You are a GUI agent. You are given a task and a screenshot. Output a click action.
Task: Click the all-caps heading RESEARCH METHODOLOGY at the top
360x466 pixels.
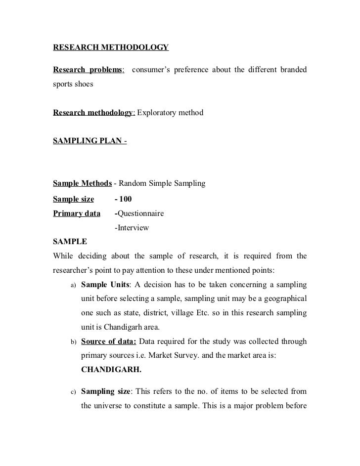point(110,48)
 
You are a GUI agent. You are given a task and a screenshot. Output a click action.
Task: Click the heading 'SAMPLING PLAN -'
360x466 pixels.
point(90,142)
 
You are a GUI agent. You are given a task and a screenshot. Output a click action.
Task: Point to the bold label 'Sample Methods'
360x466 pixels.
point(82,184)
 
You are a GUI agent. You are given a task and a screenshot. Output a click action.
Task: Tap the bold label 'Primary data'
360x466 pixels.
point(76,214)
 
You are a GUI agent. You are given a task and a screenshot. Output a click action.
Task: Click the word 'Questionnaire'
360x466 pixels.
point(140,214)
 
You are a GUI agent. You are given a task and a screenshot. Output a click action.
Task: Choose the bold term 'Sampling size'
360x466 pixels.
point(105,392)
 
